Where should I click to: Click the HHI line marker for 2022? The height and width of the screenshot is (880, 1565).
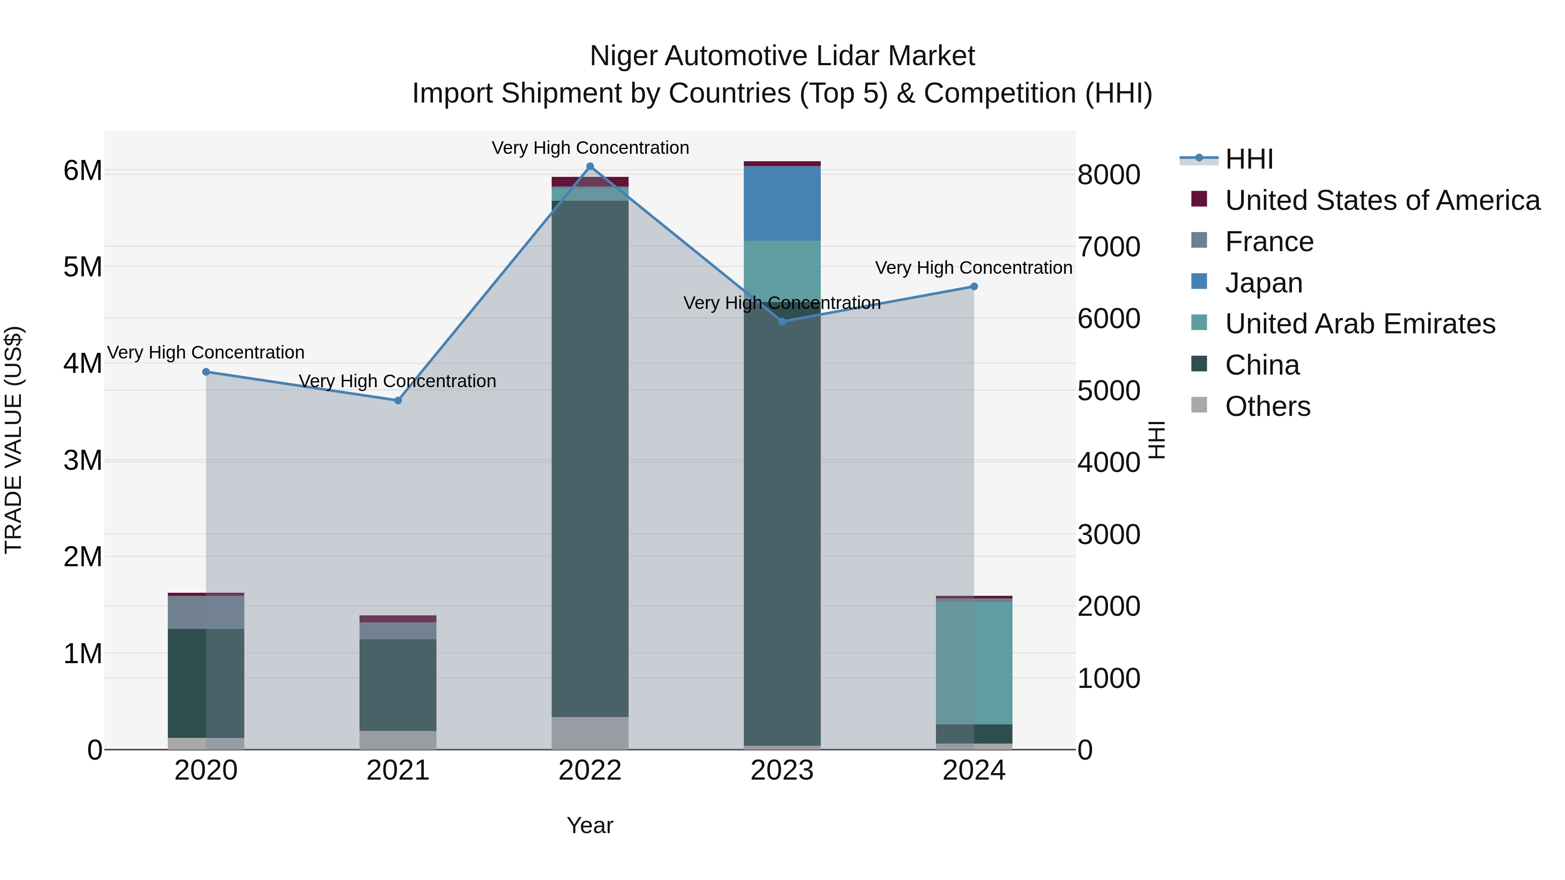point(590,166)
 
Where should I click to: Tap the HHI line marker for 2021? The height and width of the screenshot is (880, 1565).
point(398,400)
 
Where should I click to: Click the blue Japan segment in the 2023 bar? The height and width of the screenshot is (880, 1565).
point(782,203)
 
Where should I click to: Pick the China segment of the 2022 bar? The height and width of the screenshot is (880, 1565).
point(590,458)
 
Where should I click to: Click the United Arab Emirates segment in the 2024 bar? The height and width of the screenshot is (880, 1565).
point(974,662)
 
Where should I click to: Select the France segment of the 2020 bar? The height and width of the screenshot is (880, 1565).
point(206,612)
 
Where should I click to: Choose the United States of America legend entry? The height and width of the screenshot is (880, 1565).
point(1382,200)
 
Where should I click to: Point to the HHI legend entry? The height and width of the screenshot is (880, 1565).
point(1249,159)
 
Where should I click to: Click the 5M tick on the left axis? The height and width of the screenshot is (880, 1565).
point(83,267)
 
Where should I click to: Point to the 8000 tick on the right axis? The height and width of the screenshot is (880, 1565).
point(1109,175)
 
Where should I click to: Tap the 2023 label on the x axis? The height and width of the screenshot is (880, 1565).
point(782,770)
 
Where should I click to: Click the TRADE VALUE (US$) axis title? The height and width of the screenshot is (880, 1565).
point(13,440)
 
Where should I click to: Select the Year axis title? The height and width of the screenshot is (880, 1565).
point(590,825)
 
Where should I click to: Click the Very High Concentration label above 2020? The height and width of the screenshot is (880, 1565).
point(206,352)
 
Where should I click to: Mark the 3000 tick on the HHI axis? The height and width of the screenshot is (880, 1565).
point(1109,535)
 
